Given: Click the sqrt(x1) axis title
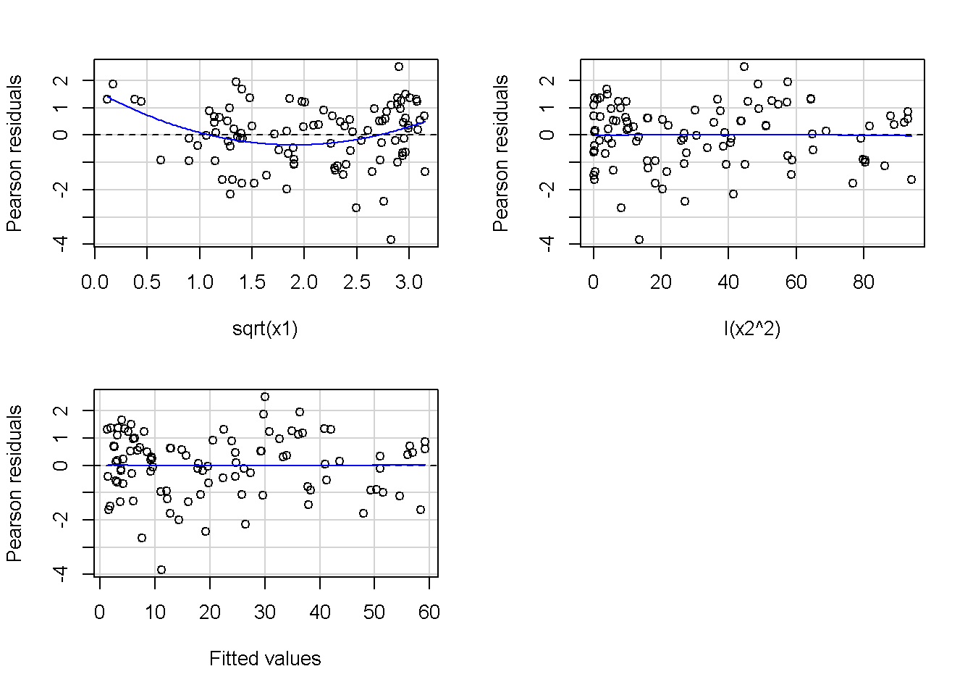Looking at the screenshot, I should (265, 329).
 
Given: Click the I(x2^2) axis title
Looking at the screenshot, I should (751, 329).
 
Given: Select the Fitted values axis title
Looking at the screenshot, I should (265, 659).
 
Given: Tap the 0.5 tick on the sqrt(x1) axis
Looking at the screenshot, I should (147, 282).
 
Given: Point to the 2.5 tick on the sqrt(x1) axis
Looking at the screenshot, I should (356, 282).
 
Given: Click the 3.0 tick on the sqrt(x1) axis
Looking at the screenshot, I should (409, 282).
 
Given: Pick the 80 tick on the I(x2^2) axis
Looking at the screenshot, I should (864, 282).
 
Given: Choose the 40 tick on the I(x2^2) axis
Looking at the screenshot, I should (728, 282).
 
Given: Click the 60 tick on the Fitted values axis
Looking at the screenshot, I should (429, 612).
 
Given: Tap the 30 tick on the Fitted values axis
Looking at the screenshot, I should (265, 612).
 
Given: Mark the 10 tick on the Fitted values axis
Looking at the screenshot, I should (155, 612).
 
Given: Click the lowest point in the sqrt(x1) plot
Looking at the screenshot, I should (391, 240).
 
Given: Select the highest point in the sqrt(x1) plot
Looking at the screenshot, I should (399, 67).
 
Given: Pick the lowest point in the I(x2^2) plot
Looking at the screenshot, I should (639, 240).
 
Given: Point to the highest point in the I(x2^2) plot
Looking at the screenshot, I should (744, 67).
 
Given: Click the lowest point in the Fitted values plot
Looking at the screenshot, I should (161, 570).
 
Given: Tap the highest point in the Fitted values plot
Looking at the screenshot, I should (265, 397).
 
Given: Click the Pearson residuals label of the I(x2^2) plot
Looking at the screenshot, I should (500, 153).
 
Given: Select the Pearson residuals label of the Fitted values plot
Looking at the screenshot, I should (14, 483).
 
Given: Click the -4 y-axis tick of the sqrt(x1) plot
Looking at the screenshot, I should (62, 243).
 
